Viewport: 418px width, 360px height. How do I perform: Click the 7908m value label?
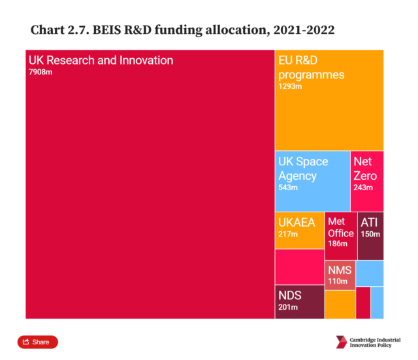[40, 72]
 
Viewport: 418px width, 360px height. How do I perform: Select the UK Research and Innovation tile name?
[101, 60]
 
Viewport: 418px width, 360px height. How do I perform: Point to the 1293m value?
[290, 86]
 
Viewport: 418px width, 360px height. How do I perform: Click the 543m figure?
[288, 188]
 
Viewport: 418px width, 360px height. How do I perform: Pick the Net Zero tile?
[367, 181]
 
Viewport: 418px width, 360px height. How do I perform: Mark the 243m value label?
[363, 188]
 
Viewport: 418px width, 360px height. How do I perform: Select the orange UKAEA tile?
[299, 231]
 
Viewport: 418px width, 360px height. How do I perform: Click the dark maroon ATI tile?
[370, 236]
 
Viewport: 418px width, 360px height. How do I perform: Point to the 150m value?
[370, 235]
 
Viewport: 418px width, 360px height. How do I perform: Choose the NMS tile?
[340, 275]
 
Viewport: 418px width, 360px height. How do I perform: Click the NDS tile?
[299, 301]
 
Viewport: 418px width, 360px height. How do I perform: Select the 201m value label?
[288, 308]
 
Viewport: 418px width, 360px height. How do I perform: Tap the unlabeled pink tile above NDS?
[299, 267]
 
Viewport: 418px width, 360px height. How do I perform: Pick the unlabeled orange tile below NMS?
[340, 304]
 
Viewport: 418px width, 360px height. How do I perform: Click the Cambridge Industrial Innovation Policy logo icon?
[342, 342]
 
